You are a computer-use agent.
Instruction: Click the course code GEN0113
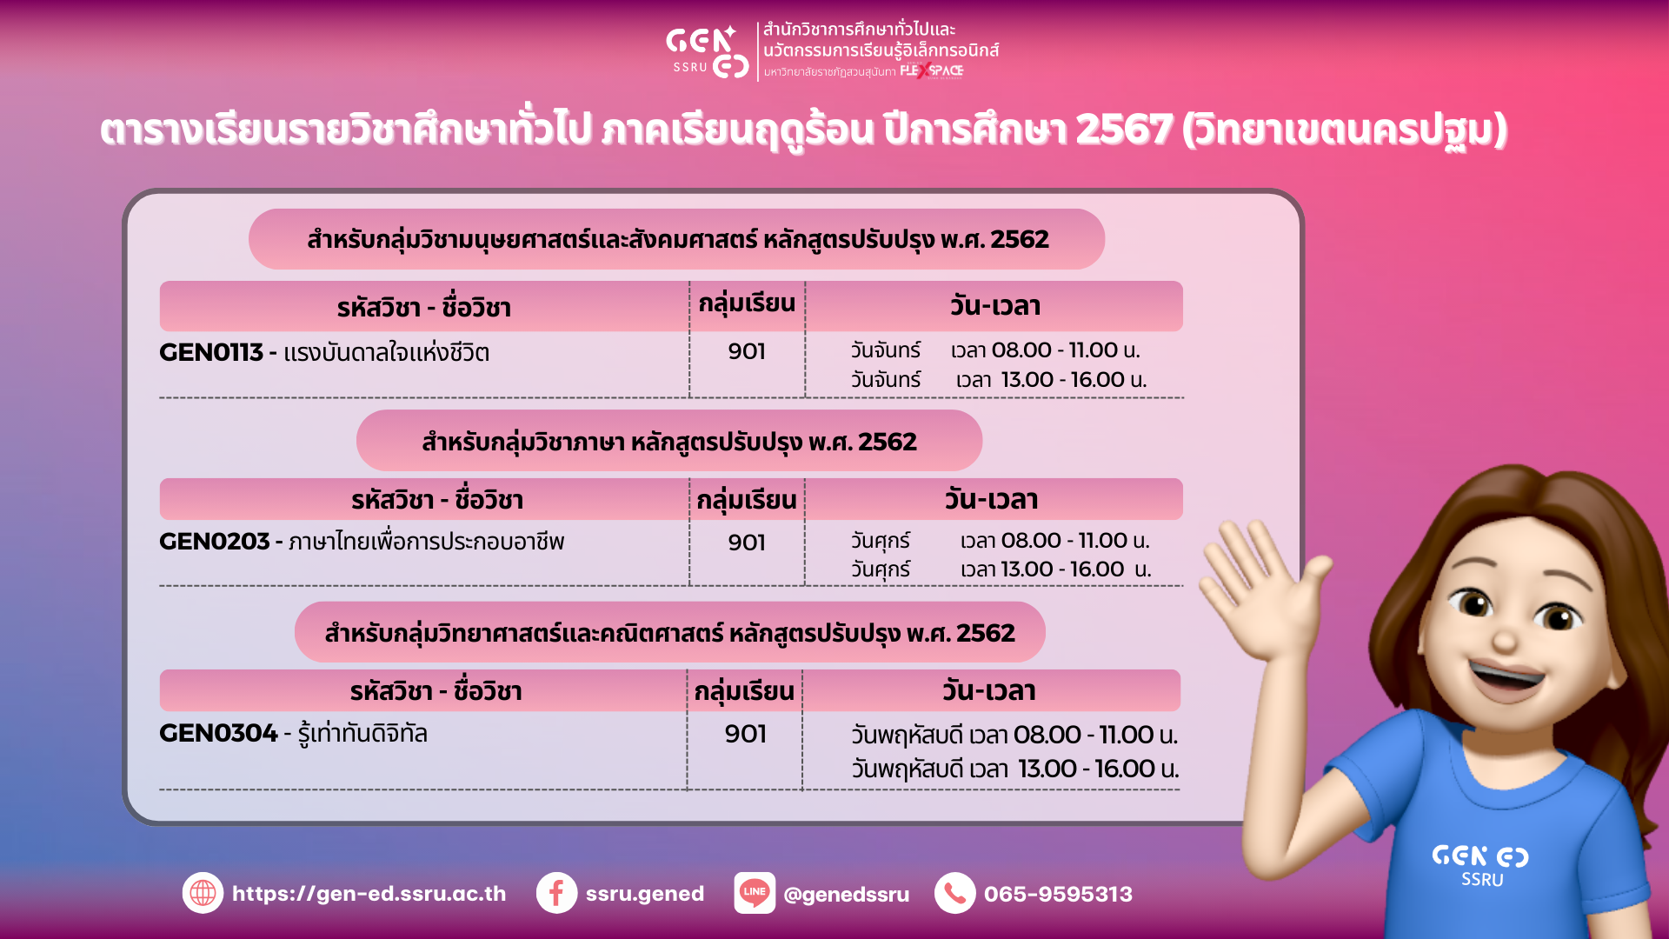[x=210, y=352]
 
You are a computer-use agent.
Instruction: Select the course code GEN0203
[x=214, y=542]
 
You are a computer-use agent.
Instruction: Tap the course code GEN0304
[x=218, y=734]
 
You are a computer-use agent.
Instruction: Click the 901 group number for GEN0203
[x=747, y=543]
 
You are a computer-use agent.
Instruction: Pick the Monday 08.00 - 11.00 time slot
[x=995, y=350]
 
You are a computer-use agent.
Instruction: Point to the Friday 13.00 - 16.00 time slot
[x=1001, y=569]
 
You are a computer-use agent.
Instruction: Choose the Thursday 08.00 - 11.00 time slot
[x=1014, y=736]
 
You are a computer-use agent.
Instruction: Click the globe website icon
[x=203, y=893]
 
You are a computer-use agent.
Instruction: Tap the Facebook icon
[x=556, y=893]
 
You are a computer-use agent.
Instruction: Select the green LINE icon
[x=755, y=893]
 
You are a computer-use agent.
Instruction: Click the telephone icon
[x=954, y=893]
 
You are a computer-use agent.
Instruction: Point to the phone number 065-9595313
[x=1058, y=894]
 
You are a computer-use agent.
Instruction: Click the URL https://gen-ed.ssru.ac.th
[x=369, y=894]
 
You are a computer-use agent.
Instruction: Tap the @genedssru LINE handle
[x=846, y=895]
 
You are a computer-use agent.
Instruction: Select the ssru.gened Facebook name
[x=644, y=894]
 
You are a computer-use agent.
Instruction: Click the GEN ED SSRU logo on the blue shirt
[x=1480, y=866]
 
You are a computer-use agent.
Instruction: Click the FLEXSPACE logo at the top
[x=931, y=71]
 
